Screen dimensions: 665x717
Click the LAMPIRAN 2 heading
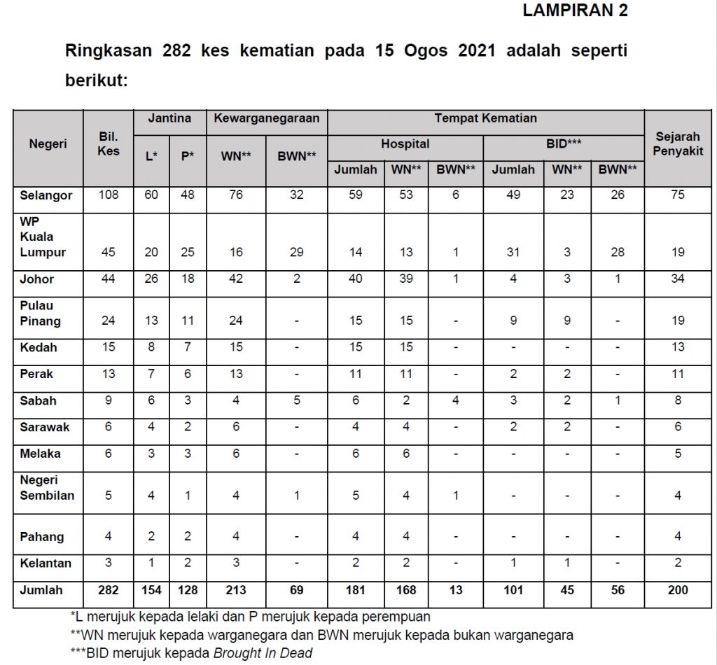575,10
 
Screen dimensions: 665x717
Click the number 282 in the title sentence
180,51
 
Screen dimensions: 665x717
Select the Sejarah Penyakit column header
678,144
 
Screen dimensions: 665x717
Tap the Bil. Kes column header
109,143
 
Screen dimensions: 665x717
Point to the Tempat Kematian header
485,118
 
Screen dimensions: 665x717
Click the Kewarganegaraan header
267,118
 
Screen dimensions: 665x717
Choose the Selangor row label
46,195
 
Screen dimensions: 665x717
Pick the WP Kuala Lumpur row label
43,237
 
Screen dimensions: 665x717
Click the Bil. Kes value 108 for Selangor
109,195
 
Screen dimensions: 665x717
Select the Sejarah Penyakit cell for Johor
678,279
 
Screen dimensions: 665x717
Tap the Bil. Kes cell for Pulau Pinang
109,321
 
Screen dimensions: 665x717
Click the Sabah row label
39,401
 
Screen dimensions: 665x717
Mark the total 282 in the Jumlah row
109,590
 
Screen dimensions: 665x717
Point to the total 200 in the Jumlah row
678,590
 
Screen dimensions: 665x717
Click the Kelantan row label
46,563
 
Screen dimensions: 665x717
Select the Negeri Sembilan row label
47,488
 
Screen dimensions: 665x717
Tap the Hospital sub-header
405,144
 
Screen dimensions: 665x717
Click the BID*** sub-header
564,144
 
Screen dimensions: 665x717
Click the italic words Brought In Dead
263,652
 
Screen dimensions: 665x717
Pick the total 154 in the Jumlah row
151,590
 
